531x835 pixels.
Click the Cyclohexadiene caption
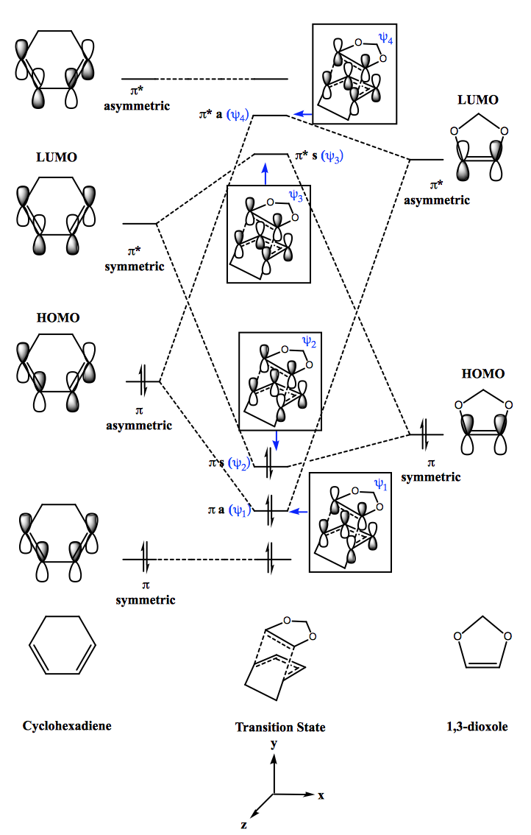tap(67, 726)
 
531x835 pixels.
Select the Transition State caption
tap(280, 727)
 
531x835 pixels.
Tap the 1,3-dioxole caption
tap(477, 726)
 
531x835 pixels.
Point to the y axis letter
tap(274, 744)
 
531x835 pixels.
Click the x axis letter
tap(321, 795)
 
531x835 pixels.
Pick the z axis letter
tap(243, 825)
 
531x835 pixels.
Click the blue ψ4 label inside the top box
tap(385, 38)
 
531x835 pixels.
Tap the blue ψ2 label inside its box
tap(309, 342)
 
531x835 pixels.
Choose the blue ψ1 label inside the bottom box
tap(380, 484)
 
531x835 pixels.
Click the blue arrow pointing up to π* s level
tap(265, 174)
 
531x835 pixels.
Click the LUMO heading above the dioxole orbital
tap(478, 100)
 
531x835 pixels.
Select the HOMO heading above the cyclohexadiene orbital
tap(58, 318)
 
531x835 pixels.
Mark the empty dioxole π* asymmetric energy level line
tap(426, 159)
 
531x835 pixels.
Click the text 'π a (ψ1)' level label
tap(229, 510)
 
